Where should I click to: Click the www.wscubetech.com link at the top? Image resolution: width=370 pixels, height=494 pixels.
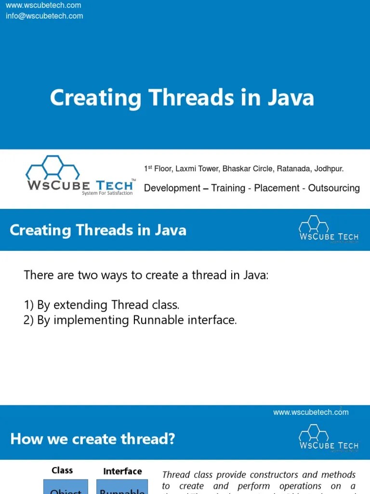tap(43, 5)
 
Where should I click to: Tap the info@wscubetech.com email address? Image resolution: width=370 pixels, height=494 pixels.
tap(44, 16)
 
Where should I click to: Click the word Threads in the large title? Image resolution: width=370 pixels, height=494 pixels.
tap(183, 98)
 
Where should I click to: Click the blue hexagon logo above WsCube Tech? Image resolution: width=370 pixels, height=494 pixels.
tap(53, 167)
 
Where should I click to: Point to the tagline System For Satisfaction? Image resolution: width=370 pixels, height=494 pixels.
tap(107, 193)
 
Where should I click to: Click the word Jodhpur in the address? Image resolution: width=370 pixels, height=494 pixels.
tap(327, 169)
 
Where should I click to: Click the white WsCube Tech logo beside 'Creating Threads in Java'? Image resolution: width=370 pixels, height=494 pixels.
tap(329, 230)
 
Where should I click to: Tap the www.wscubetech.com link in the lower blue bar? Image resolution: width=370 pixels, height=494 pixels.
tap(311, 412)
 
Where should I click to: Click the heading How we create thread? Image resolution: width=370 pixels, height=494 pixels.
tap(92, 439)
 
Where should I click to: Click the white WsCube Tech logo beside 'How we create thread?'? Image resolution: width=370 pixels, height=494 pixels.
tap(329, 439)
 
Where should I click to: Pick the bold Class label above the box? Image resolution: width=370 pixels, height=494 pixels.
tap(62, 470)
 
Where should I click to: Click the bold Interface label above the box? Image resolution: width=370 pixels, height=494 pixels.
tap(122, 471)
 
